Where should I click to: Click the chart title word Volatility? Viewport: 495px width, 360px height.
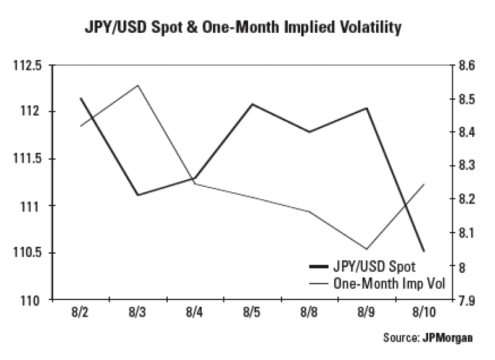tap(371, 28)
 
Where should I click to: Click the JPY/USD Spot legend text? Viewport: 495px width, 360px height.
tap(374, 267)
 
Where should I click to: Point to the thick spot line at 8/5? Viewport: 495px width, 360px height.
tap(251, 104)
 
